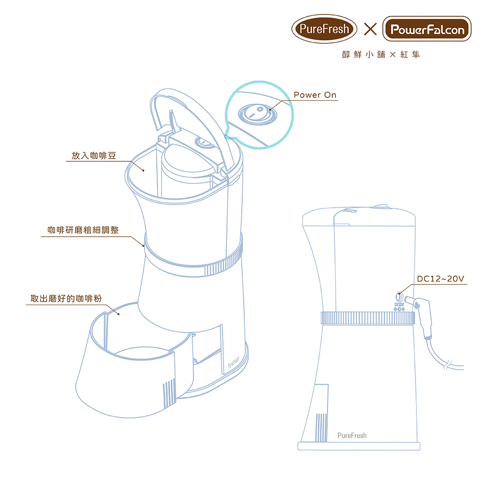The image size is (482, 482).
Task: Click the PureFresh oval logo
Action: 324,29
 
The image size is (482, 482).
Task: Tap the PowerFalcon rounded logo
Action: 427,29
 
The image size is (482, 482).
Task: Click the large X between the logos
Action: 370,29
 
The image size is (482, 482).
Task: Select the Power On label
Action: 315,94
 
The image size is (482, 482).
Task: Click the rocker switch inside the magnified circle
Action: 257,114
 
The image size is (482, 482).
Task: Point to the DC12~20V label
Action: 440,279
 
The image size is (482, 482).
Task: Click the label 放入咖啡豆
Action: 94,156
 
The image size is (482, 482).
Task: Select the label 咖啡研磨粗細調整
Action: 83,230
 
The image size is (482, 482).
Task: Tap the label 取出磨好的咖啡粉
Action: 66,298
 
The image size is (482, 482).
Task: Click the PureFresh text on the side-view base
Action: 352,436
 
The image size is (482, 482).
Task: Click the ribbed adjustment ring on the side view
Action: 368,318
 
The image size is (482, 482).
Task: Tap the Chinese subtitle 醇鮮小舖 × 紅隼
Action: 381,55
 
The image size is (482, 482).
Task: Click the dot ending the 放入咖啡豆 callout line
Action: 143,170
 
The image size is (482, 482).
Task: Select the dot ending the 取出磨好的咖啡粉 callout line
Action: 119,314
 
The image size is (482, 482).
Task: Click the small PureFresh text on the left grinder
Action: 233,363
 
